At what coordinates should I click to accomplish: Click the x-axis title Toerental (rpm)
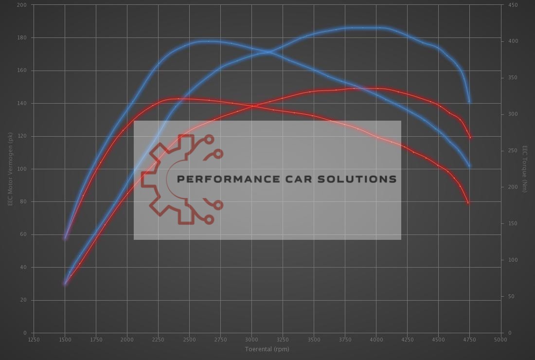point(267,349)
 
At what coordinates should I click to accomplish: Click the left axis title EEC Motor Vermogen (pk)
point(10,169)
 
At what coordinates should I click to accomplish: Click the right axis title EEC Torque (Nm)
point(525,169)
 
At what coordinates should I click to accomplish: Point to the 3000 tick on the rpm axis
point(251,340)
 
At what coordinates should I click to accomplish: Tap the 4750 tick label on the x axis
point(469,340)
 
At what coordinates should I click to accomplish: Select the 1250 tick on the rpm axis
point(34,340)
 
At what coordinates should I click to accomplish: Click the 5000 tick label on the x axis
point(500,340)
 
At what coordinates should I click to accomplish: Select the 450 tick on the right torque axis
point(513,5)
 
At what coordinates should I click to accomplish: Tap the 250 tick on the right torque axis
point(513,151)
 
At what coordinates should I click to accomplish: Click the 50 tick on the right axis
point(511,296)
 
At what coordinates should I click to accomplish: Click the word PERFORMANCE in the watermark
point(228,179)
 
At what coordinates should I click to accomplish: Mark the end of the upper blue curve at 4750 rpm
point(469,102)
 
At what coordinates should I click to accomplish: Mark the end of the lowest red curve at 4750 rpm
point(468,203)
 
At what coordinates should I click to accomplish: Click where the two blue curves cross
point(267,52)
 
